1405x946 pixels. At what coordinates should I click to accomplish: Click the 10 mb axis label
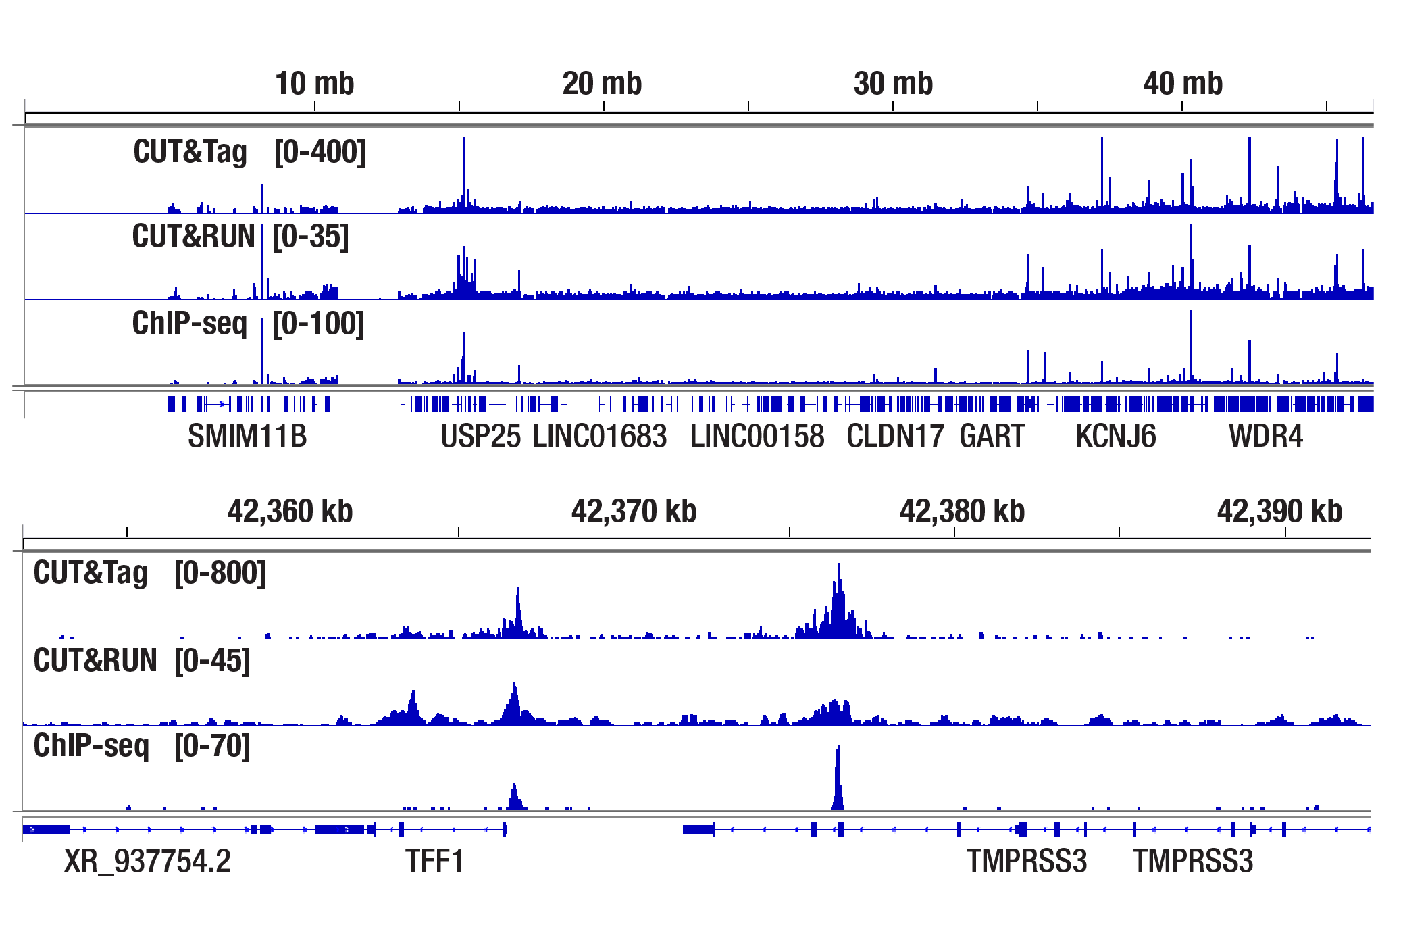[x=314, y=84]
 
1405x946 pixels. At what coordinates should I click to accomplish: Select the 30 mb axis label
[x=893, y=84]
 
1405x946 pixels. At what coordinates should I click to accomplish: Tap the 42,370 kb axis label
[x=634, y=512]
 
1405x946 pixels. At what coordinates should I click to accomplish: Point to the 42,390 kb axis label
[x=1279, y=512]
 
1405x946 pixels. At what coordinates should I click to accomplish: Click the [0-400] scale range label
[x=320, y=152]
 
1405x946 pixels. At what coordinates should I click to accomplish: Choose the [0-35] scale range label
[x=311, y=237]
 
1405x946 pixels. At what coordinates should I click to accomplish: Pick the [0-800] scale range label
[x=220, y=573]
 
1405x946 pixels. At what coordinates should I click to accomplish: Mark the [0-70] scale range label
[x=212, y=746]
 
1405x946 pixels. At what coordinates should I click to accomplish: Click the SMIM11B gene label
[x=247, y=437]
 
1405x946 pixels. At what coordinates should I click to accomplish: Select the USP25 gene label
[x=480, y=437]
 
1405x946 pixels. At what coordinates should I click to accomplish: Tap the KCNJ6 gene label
[x=1115, y=437]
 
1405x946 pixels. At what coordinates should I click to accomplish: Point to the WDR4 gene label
[x=1265, y=437]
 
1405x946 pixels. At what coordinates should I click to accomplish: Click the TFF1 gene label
[x=434, y=862]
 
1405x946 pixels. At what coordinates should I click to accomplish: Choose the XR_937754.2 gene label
[x=147, y=862]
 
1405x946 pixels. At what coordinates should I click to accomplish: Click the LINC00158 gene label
[x=757, y=437]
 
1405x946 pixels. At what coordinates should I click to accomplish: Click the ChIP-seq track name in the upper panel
[x=190, y=324]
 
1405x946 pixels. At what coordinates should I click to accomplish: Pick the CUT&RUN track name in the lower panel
[x=95, y=660]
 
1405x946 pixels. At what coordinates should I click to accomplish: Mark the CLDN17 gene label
[x=895, y=437]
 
